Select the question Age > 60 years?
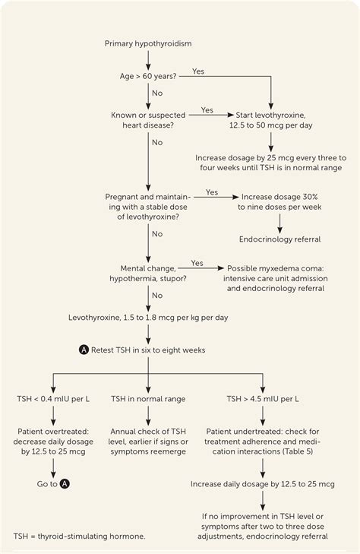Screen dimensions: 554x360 tap(148, 77)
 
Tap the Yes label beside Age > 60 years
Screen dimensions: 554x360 tap(199, 71)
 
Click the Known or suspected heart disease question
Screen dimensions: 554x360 tap(148, 120)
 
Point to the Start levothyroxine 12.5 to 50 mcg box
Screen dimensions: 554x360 tap(271, 120)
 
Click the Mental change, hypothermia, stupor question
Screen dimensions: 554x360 tap(148, 274)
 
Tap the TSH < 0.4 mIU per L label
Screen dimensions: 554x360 tap(52, 398)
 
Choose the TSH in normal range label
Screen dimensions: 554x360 tap(147, 398)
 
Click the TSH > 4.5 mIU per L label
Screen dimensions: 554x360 tap(262, 398)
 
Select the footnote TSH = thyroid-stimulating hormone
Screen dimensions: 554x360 tap(78, 536)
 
